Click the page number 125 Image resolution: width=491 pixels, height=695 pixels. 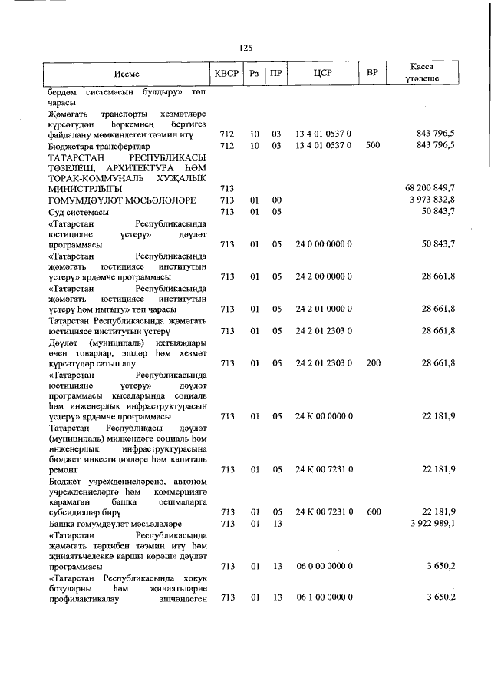pos(245,48)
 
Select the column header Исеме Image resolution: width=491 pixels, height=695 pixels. pos(127,74)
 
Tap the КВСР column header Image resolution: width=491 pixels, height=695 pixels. pos(226,74)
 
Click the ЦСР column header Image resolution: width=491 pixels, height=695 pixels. pos(323,74)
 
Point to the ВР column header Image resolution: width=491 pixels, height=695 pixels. pos(373,74)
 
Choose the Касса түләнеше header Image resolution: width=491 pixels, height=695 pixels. pos(423,74)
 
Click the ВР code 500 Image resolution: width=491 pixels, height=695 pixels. pos(373,145)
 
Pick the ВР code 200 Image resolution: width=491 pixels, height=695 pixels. pos(373,362)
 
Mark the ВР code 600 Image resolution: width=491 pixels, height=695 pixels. pos(373,511)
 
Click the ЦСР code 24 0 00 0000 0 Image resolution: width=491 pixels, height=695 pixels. pos(323,243)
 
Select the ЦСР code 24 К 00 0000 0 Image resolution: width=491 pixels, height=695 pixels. pos(323,415)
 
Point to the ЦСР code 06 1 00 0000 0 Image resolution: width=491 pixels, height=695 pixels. pos(323,597)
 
